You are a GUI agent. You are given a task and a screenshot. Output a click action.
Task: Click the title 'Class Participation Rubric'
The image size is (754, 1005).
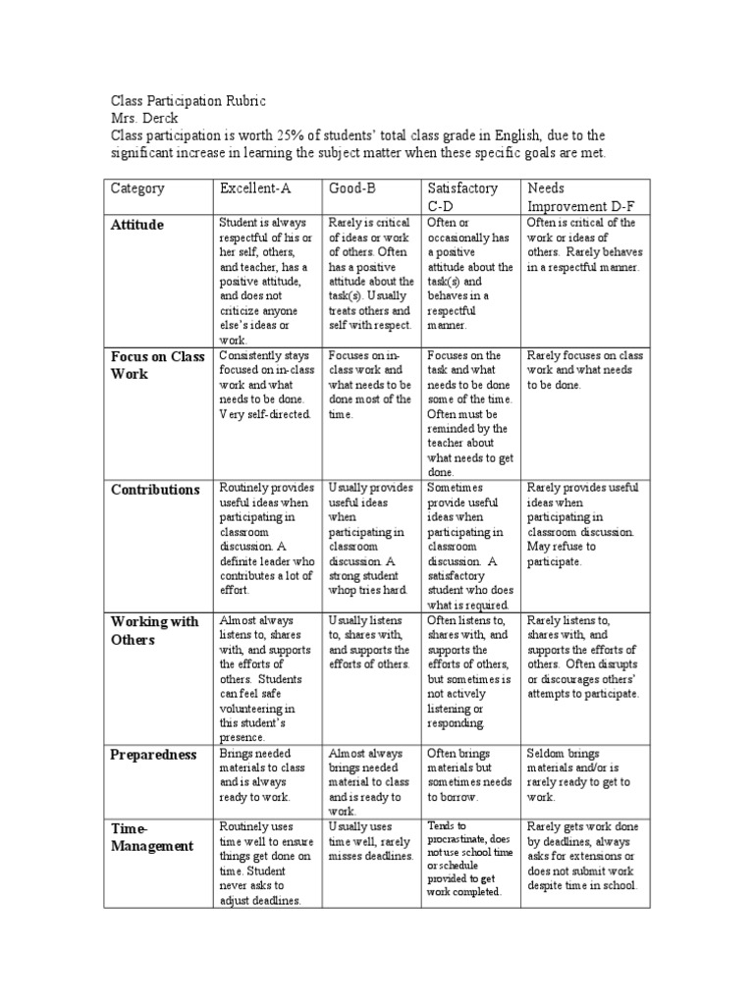click(188, 101)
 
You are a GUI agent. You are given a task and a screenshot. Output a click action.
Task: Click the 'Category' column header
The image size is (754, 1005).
click(137, 188)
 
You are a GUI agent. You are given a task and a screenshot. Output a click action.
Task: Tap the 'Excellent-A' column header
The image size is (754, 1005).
click(256, 188)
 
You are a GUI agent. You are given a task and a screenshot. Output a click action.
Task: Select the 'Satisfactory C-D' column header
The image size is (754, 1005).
click(462, 197)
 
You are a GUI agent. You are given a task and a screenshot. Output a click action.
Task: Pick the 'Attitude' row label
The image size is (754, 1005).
click(137, 225)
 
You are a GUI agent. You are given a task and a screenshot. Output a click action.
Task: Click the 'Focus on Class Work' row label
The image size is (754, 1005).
click(157, 364)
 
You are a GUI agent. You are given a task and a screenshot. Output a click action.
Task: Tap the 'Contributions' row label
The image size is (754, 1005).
click(155, 489)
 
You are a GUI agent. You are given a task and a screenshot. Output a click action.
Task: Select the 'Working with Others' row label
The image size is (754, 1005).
click(154, 630)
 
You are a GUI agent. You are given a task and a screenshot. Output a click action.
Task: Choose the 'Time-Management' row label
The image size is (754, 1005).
click(151, 836)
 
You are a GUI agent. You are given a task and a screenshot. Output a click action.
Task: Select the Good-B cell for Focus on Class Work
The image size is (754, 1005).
click(369, 385)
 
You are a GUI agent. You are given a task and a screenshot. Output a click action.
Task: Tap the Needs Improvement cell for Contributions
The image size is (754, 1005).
click(583, 524)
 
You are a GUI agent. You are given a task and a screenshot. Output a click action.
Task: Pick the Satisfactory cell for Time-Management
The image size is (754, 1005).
click(467, 860)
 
